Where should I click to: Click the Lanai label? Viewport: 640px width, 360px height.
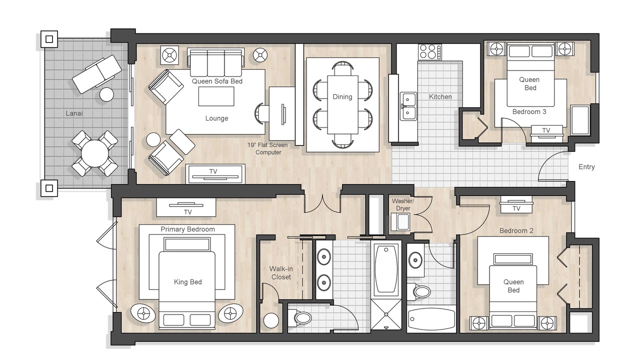74,113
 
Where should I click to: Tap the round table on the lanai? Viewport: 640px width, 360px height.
95,153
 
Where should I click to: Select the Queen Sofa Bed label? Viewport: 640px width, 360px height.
217,81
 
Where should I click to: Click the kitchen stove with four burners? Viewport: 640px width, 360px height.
429,52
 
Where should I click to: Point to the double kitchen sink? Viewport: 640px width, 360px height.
408,106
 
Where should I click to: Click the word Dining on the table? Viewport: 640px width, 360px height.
342,97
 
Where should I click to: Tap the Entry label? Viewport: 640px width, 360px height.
586,167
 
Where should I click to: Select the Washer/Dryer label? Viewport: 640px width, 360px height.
403,205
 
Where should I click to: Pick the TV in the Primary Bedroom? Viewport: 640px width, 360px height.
186,207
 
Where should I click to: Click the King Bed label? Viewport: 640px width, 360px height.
187,282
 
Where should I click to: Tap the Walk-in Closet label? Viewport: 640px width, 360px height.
281,273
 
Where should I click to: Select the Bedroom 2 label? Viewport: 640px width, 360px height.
516,230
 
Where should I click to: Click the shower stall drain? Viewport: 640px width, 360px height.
386,314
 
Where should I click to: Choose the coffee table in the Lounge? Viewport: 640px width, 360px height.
216,96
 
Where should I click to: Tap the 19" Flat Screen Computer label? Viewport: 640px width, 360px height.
267,148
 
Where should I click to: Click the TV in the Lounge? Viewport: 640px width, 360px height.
215,173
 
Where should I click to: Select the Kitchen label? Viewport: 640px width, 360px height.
440,97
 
